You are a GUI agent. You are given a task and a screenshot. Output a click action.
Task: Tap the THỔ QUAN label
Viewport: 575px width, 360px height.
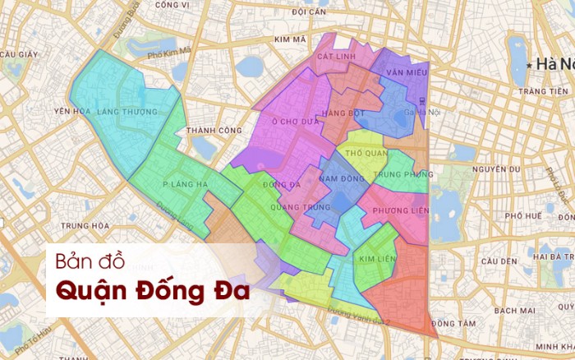click(366, 154)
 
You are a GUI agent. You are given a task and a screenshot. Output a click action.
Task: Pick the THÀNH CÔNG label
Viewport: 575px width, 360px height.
click(214, 130)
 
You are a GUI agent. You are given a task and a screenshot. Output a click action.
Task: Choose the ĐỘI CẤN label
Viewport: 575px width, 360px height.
click(309, 12)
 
